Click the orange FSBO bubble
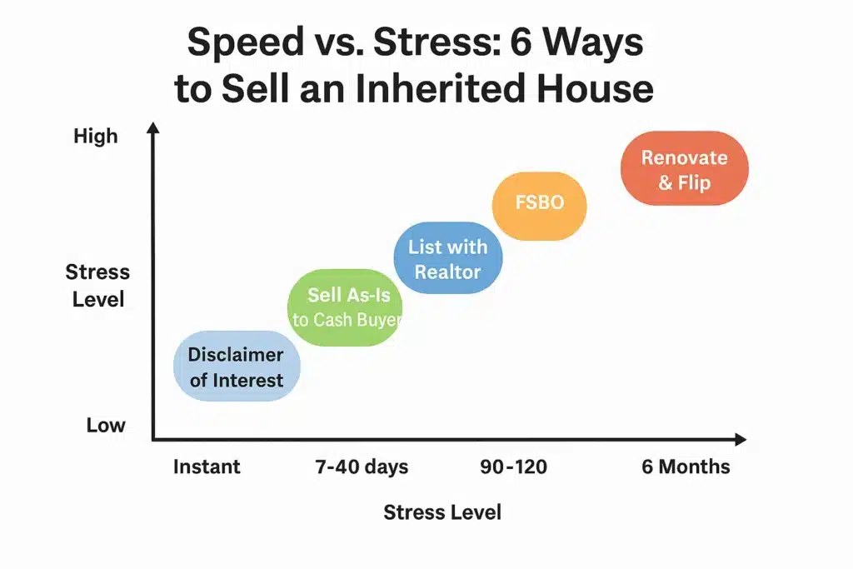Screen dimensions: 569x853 539,203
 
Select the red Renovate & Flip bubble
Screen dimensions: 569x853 684,169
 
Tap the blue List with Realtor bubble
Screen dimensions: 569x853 447,258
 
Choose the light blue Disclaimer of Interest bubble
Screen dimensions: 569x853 236,367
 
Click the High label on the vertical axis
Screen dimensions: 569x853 96,136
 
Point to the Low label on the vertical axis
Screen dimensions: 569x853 106,425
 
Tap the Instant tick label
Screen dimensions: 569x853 207,467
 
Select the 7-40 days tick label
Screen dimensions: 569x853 362,467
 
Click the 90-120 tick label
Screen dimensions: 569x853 514,467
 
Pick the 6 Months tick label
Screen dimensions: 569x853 686,467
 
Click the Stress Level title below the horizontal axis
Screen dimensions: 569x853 442,512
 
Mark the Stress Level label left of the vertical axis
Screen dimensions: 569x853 97,285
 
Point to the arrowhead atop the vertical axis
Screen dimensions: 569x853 152,127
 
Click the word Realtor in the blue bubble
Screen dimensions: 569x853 447,271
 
